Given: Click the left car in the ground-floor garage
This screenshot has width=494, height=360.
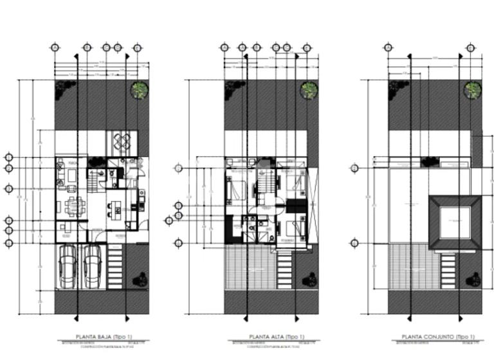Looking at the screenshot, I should click(69, 265).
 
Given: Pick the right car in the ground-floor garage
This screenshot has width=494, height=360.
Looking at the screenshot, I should click(92, 265).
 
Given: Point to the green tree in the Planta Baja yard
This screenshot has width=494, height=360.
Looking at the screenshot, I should click(139, 91).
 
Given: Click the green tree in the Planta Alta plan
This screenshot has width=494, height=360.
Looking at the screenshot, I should click(309, 91).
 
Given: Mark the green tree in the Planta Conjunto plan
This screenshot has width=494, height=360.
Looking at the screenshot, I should click(473, 91).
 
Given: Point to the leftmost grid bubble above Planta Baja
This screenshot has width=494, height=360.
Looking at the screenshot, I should click(55, 48).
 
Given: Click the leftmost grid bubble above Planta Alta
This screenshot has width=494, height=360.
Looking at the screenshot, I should click(224, 48).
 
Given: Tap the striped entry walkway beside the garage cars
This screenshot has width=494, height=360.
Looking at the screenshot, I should click(116, 267).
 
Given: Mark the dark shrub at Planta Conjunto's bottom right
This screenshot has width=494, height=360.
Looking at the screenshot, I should click(475, 279).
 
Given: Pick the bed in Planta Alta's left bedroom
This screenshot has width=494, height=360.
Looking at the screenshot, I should click(236, 190).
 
